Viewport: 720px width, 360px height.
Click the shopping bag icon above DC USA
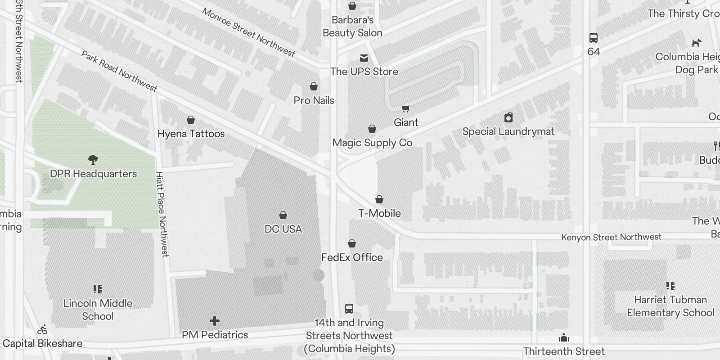pyautogui.click(x=283, y=215)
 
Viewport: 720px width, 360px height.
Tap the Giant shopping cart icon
pyautogui.click(x=406, y=108)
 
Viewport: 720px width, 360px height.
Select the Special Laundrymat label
pyautogui.click(x=508, y=131)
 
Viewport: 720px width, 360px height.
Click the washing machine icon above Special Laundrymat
pyautogui.click(x=508, y=118)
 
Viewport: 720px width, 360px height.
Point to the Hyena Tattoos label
pyautogui.click(x=191, y=134)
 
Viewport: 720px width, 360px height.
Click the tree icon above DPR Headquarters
pyautogui.click(x=93, y=159)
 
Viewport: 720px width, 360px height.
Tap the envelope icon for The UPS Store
pyautogui.click(x=364, y=58)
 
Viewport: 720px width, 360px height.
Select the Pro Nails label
pyautogui.click(x=314, y=100)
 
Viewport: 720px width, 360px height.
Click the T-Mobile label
pyautogui.click(x=379, y=213)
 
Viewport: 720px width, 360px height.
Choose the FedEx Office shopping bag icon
pyautogui.click(x=352, y=243)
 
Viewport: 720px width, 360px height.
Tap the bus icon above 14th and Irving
pyautogui.click(x=349, y=309)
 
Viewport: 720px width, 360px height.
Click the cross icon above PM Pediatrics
pyautogui.click(x=215, y=321)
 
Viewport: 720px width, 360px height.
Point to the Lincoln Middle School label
pyautogui.click(x=98, y=310)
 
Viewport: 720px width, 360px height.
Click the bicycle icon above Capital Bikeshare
pyautogui.click(x=42, y=330)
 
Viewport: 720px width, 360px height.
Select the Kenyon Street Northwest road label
pyautogui.click(x=611, y=237)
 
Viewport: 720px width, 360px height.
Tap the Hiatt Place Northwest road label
pyautogui.click(x=162, y=214)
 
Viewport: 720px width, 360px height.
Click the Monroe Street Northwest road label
pyautogui.click(x=248, y=32)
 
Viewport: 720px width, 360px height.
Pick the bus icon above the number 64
pyautogui.click(x=594, y=38)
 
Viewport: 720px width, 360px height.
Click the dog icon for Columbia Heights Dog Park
pyautogui.click(x=696, y=43)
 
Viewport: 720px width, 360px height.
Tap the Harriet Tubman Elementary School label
pyautogui.click(x=670, y=306)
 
